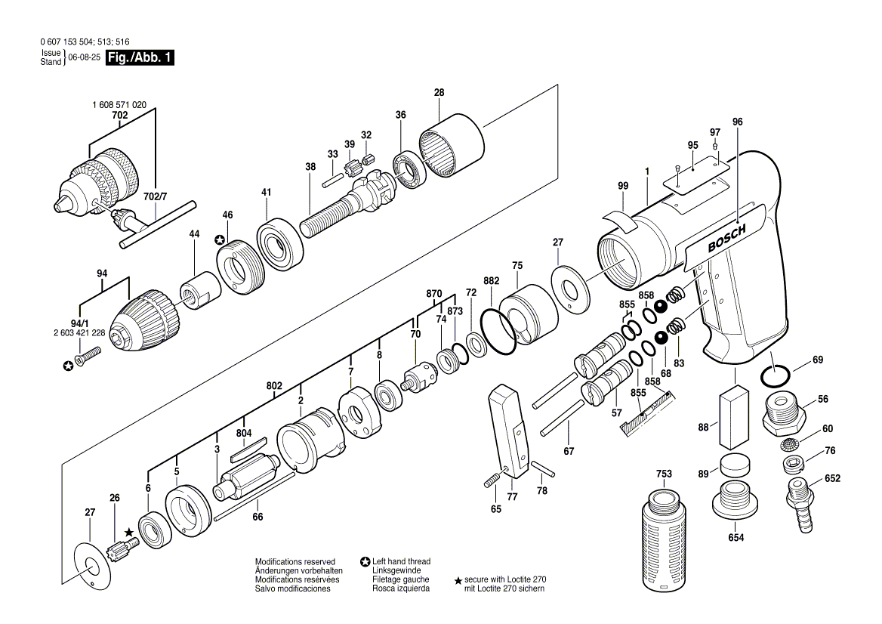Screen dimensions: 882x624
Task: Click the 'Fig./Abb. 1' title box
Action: pyautogui.click(x=140, y=57)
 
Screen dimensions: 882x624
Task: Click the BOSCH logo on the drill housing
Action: pyautogui.click(x=726, y=238)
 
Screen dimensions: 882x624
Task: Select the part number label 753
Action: pyautogui.click(x=664, y=474)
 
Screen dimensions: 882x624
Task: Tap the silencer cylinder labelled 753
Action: pyautogui.click(x=665, y=540)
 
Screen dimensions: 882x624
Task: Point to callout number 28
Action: pyautogui.click(x=439, y=92)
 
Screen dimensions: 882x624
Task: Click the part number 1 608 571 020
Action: pyautogui.click(x=119, y=105)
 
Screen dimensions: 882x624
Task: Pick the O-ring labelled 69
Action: pyautogui.click(x=775, y=375)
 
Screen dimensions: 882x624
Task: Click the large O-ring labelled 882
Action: pyautogui.click(x=498, y=331)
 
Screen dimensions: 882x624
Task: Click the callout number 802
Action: pyautogui.click(x=274, y=386)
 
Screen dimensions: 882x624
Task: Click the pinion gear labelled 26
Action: pyautogui.click(x=123, y=546)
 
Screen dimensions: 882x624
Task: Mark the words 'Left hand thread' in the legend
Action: pyautogui.click(x=401, y=561)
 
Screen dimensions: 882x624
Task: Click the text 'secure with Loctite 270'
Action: pyautogui.click(x=505, y=579)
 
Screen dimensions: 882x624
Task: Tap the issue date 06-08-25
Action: pyautogui.click(x=85, y=57)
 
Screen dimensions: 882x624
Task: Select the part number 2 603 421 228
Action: pyautogui.click(x=79, y=333)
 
